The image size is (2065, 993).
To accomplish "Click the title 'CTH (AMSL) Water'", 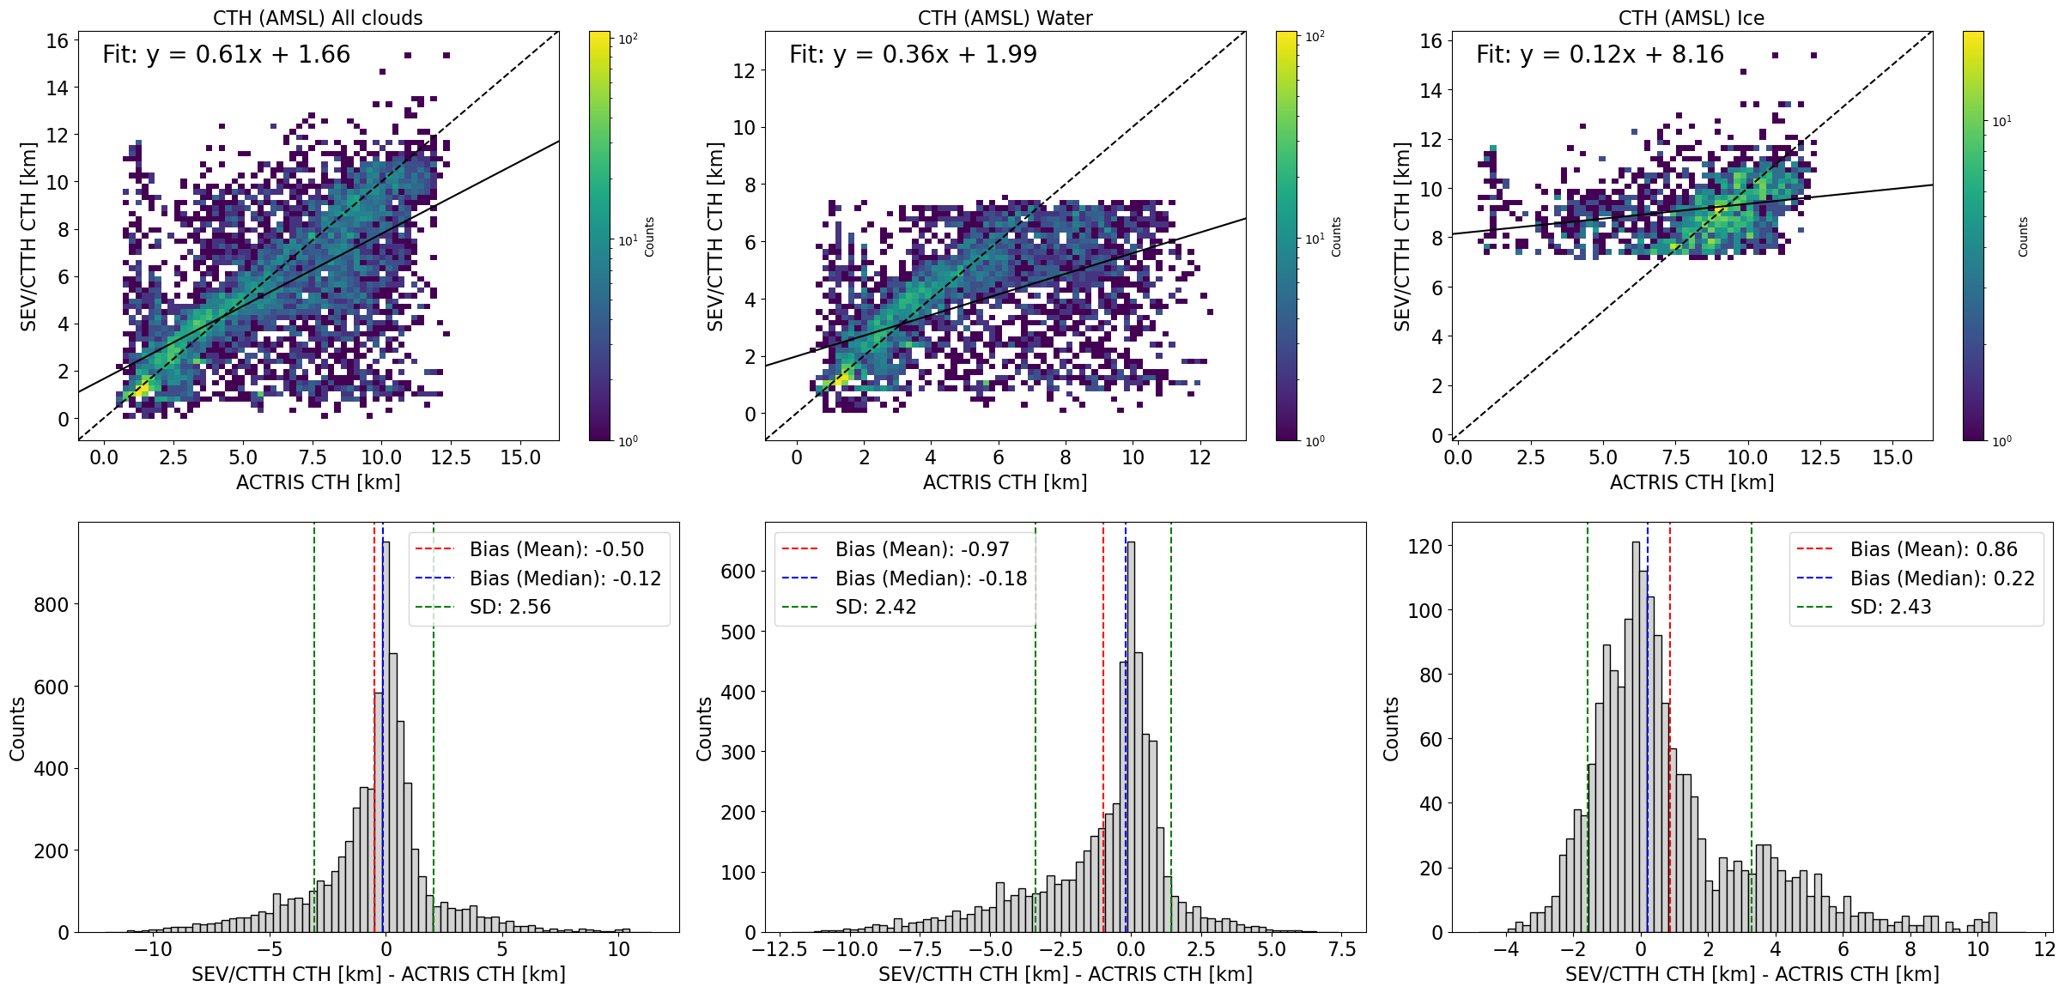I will [1005, 18].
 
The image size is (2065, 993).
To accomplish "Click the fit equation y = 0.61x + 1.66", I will [226, 55].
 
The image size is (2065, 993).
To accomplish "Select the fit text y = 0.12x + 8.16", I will [1600, 55].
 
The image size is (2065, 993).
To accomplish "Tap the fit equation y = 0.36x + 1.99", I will [913, 55].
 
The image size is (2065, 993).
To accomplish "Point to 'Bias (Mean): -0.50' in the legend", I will [556, 549].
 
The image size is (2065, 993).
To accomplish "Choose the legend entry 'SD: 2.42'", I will [875, 607].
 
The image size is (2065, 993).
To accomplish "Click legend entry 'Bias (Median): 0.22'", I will [1941, 578].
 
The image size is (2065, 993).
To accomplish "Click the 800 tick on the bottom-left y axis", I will [51, 605].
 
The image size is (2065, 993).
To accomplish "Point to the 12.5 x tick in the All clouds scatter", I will [451, 457].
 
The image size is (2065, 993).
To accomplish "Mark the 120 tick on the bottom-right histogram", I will [1424, 547].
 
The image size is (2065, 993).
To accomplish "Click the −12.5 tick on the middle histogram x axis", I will [780, 950].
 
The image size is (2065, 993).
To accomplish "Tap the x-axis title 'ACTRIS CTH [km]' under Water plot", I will [1005, 482].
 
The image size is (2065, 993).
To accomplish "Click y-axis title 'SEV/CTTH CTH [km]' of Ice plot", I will [1402, 237].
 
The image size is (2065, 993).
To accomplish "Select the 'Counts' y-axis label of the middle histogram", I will [704, 729].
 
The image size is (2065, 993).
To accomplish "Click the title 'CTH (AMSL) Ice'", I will [1691, 18].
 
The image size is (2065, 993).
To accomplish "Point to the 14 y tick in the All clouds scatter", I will [57, 88].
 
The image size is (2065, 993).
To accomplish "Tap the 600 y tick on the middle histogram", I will [738, 572].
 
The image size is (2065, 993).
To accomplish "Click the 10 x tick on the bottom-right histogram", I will [1977, 950].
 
